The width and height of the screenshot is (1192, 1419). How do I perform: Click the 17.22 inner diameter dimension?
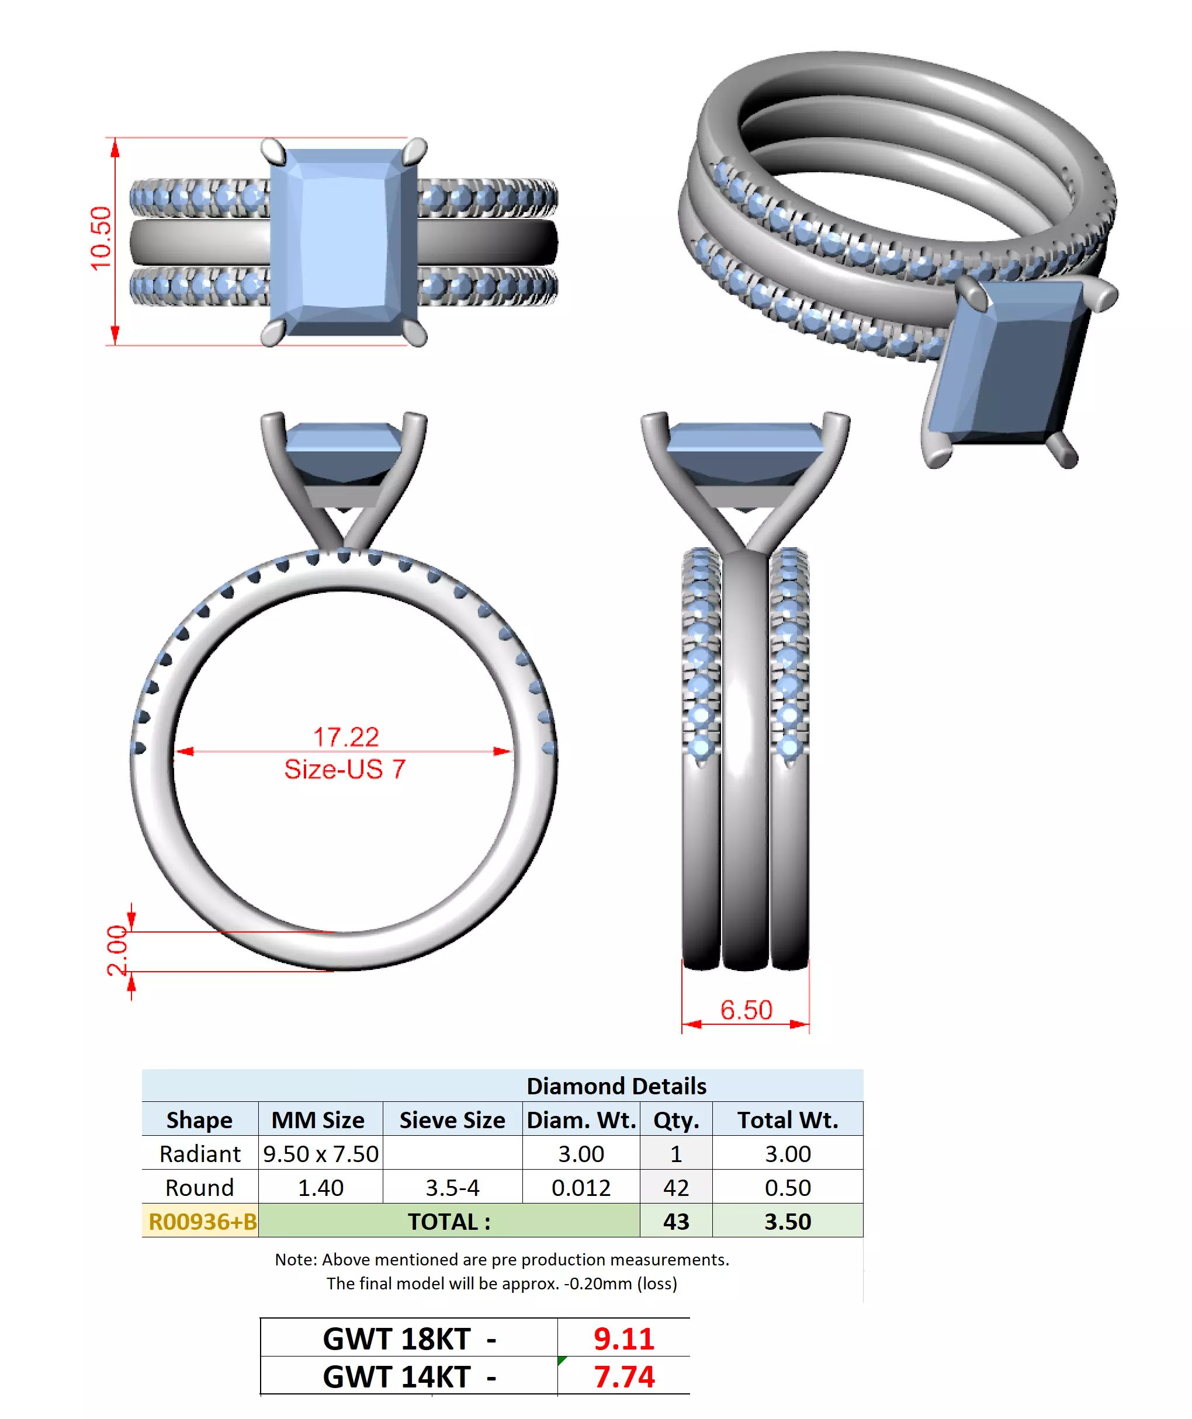pos(345,736)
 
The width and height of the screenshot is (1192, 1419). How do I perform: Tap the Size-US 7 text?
pos(344,769)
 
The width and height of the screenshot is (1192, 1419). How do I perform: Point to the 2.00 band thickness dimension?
pos(117,950)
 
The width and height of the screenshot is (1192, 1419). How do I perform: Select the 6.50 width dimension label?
pos(746,1010)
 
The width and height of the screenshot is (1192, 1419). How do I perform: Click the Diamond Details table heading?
pos(616,1086)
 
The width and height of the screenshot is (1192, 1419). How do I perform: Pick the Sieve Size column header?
pos(452,1119)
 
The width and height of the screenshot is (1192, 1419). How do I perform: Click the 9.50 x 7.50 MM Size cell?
pos(320,1153)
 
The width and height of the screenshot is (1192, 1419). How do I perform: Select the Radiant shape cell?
pos(199,1153)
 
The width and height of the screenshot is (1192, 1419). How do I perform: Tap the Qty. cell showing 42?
pos(675,1187)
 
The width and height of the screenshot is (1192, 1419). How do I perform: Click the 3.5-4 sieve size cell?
pos(452,1187)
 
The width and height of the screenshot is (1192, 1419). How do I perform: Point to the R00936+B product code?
pos(202,1222)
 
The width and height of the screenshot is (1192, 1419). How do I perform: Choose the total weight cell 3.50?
pos(787,1222)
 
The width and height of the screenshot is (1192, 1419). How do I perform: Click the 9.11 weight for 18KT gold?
pos(623,1338)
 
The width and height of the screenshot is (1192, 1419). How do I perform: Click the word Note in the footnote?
pos(295,1260)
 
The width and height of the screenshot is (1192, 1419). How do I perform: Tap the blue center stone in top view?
pos(344,242)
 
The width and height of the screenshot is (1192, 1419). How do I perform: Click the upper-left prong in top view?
pos(273,151)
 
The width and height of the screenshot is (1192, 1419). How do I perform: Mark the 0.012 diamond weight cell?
pos(581,1187)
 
